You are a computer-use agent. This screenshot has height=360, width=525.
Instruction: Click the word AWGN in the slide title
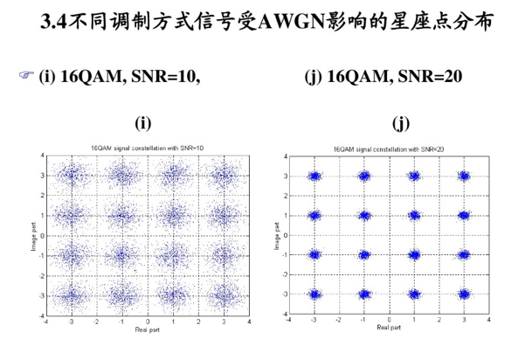(292, 21)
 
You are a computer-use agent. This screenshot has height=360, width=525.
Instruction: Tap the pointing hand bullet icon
(26, 74)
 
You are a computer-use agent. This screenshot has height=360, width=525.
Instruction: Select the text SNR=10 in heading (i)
(166, 76)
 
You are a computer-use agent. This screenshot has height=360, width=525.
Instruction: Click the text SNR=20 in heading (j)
(430, 76)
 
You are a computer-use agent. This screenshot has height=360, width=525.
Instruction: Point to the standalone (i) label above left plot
(143, 123)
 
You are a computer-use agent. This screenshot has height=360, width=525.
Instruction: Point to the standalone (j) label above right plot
(401, 123)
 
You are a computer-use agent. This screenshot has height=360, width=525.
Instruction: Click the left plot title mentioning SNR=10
(148, 148)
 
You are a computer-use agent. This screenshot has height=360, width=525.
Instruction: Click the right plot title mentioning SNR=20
(389, 149)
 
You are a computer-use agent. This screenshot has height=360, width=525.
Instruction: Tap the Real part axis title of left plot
(148, 330)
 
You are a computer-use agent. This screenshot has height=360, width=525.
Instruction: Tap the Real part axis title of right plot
(389, 327)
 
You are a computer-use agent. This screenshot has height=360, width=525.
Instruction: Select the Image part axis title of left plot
(33, 237)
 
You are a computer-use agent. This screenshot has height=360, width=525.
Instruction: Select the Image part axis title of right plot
(277, 236)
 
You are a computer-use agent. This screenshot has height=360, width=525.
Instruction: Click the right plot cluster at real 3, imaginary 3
(464, 176)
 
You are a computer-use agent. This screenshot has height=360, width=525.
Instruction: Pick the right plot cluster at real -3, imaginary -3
(314, 294)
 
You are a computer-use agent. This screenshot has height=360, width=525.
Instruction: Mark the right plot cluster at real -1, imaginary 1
(364, 215)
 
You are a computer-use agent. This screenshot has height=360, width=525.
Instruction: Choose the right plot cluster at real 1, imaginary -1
(415, 255)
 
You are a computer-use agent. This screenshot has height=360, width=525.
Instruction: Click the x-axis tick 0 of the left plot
(148, 322)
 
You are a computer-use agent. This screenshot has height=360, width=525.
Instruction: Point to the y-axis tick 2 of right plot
(286, 196)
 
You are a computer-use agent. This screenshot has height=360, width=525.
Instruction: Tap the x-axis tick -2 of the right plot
(339, 320)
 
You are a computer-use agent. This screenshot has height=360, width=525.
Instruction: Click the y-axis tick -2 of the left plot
(42, 276)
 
